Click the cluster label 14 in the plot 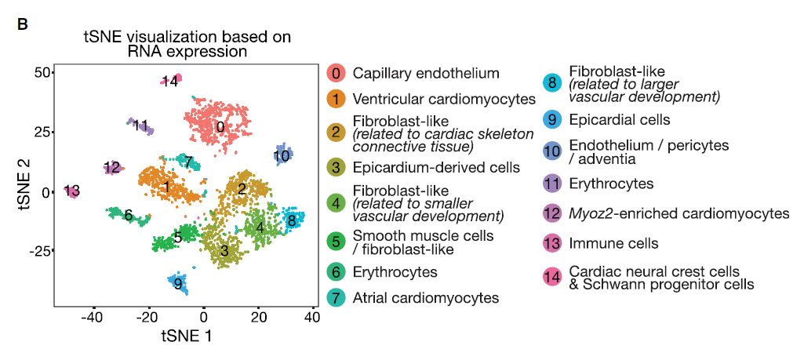(170, 82)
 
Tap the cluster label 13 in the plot (73, 191)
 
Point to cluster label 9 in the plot (179, 284)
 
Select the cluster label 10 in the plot (282, 155)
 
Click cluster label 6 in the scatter (128, 216)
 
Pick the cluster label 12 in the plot (112, 167)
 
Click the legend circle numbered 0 (336, 74)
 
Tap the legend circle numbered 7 (336, 298)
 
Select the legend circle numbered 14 (552, 277)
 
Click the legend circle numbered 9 (552, 119)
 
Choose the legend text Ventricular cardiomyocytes (444, 100)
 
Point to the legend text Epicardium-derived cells (436, 167)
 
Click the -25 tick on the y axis (37, 251)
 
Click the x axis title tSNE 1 (186, 336)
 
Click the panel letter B (23, 24)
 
